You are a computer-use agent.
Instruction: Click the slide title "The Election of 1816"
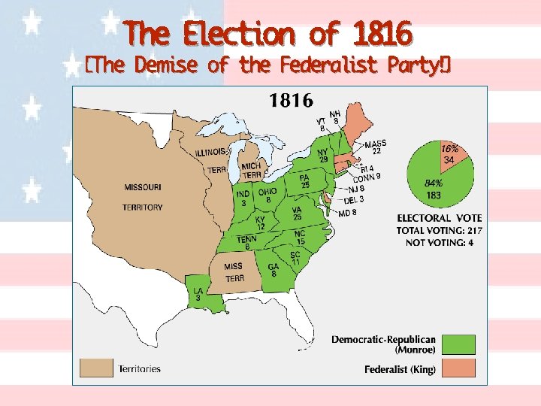coord(269,34)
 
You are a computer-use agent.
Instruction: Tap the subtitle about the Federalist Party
coord(268,65)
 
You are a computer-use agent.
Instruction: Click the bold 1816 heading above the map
coord(292,100)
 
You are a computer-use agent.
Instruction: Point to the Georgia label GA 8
coord(274,270)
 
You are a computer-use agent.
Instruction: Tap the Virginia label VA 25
coord(297,214)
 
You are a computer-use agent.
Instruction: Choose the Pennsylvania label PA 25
coord(305,180)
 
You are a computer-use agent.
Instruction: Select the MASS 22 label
coord(375,147)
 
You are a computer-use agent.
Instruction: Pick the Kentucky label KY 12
coord(260,223)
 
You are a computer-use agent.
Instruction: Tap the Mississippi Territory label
coord(234,271)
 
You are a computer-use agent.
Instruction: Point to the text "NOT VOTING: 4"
coord(440,242)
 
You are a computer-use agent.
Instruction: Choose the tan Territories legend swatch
coord(96,368)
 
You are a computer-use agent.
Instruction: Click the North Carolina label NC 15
coord(300,237)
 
